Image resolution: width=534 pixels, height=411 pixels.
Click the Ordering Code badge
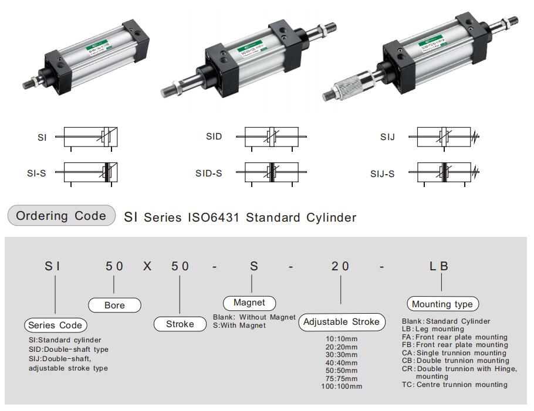click(x=61, y=216)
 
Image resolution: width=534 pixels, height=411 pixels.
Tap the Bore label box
click(x=114, y=305)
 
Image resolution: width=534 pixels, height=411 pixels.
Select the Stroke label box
click(x=180, y=324)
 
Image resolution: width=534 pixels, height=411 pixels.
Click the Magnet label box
click(x=249, y=303)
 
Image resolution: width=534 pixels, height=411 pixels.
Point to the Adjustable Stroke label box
click(x=341, y=322)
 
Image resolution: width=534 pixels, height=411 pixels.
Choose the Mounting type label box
click(x=442, y=304)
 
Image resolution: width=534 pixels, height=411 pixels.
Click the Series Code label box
click(x=56, y=325)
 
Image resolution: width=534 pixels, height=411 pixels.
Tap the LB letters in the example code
click(x=438, y=266)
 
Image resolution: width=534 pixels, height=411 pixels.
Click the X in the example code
click(x=147, y=266)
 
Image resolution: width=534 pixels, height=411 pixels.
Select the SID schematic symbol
click(x=271, y=137)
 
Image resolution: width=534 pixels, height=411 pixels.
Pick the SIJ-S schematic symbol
click(x=444, y=174)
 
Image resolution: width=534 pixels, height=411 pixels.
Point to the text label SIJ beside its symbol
click(x=387, y=137)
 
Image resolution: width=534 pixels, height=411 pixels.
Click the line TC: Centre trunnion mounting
click(x=455, y=385)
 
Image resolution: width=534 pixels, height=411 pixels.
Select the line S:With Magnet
click(x=239, y=325)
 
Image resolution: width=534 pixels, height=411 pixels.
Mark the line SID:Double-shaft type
click(x=69, y=349)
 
